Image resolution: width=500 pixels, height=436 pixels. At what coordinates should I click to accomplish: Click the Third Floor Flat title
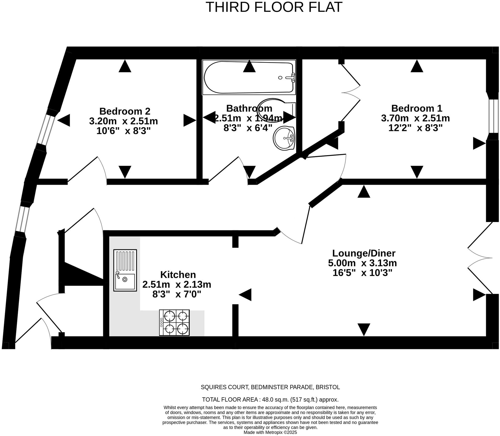click(274, 7)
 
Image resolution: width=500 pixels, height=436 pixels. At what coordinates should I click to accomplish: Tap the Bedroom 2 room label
click(125, 111)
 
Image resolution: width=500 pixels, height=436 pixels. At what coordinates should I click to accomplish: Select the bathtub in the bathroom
click(249, 77)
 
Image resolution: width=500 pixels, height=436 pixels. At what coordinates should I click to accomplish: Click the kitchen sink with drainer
click(125, 270)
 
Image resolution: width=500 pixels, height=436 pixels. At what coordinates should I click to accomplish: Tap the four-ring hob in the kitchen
click(174, 322)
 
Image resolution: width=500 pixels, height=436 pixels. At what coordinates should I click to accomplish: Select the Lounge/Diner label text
click(364, 253)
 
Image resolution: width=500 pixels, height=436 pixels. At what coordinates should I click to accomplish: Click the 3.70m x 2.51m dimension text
click(415, 118)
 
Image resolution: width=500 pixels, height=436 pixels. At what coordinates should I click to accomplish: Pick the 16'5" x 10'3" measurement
click(362, 273)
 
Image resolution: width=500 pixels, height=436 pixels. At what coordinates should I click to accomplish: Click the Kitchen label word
click(178, 275)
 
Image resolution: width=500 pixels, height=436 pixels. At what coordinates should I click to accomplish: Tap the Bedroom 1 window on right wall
click(493, 116)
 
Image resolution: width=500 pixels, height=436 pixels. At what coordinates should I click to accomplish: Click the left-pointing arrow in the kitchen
click(245, 295)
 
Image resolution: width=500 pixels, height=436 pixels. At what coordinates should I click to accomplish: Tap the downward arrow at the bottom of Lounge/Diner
click(364, 330)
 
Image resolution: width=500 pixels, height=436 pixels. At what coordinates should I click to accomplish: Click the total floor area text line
click(270, 399)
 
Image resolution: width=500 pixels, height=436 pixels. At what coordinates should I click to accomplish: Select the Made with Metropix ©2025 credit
click(270, 432)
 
